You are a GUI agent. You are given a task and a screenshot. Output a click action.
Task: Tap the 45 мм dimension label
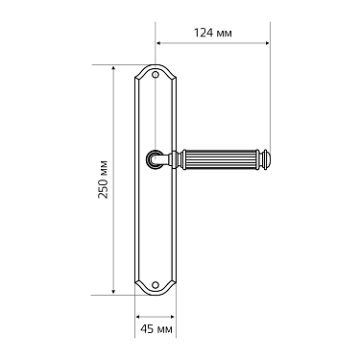[x=155, y=329]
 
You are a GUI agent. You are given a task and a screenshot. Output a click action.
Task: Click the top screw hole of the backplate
[x=156, y=73]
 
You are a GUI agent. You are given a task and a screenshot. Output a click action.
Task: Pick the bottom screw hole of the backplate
[x=156, y=285]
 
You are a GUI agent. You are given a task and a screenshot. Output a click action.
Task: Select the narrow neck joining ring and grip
[x=173, y=156]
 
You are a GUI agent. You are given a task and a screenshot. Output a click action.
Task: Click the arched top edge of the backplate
[x=156, y=65]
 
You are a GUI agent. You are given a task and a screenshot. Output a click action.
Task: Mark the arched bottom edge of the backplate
[x=156, y=294]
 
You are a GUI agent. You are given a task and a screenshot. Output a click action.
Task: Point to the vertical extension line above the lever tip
[x=269, y=96]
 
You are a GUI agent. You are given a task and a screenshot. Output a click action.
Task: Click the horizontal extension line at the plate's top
[x=125, y=64]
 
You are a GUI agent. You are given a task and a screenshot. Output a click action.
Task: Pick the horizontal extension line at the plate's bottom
[x=125, y=294]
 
